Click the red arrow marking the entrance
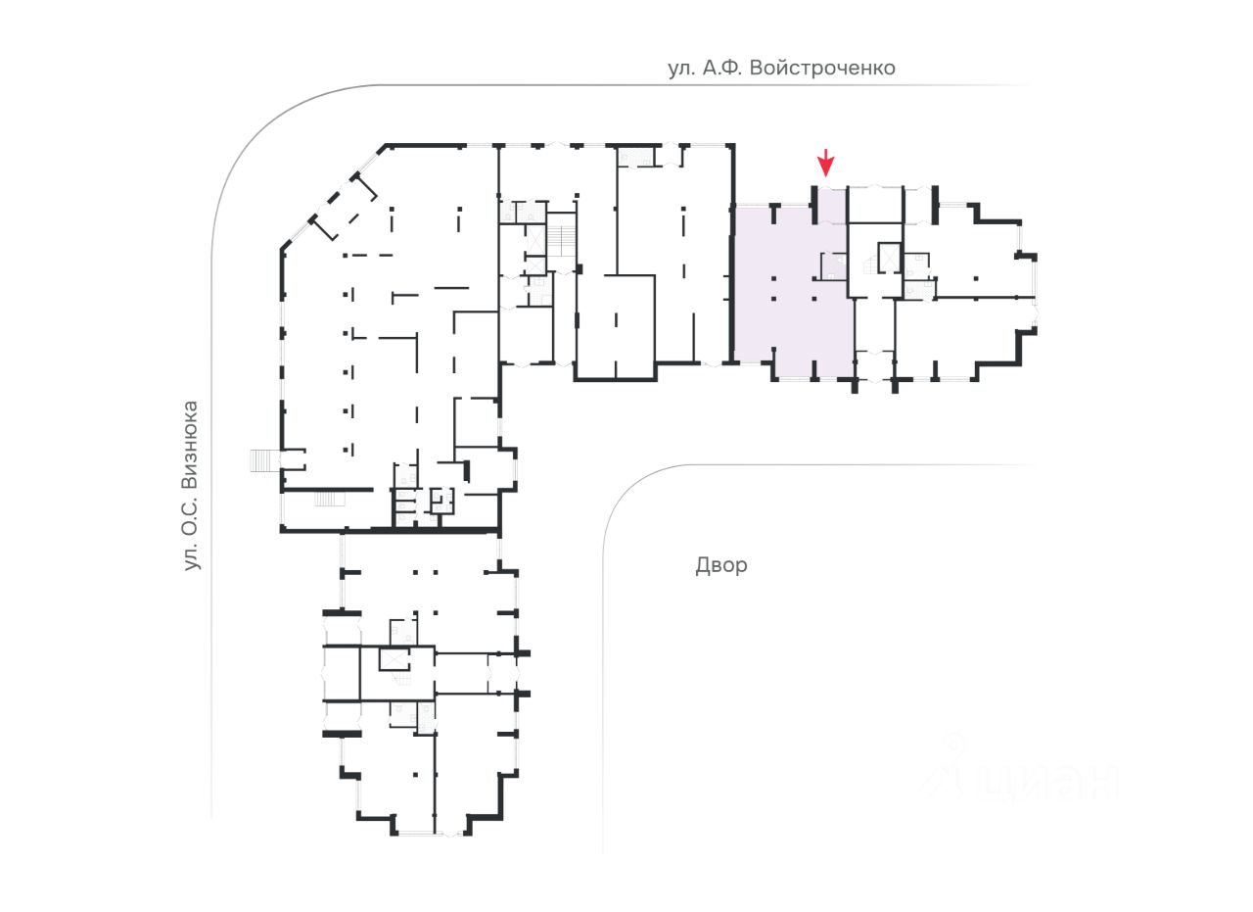click(x=826, y=162)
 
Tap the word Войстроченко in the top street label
click(x=825, y=69)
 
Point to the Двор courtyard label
click(x=721, y=565)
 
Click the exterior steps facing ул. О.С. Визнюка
click(x=261, y=459)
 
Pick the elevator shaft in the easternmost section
click(x=889, y=257)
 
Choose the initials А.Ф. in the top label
click(x=723, y=69)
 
